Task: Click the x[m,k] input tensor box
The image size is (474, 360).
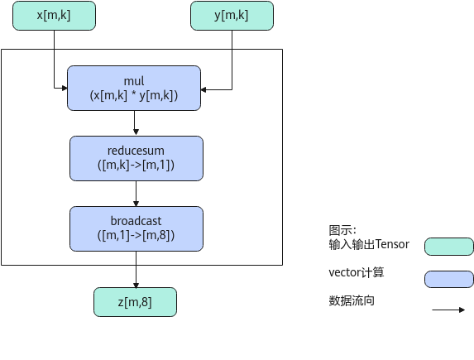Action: [54, 16]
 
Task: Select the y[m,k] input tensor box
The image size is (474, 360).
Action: [232, 16]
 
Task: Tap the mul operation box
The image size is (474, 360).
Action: [134, 88]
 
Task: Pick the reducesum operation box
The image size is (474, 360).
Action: [136, 159]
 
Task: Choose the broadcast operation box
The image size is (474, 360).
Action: [136, 228]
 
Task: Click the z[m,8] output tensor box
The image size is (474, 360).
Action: [135, 302]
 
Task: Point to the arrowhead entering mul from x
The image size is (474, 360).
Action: [65, 88]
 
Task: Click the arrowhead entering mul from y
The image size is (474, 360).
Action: [203, 89]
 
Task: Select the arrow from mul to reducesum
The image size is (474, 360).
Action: [136, 122]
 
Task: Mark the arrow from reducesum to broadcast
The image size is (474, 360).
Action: [136, 194]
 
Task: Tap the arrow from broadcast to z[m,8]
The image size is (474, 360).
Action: [136, 269]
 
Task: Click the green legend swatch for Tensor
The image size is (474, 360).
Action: [449, 247]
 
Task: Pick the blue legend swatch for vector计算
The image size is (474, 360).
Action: [449, 279]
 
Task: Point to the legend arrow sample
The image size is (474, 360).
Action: [448, 310]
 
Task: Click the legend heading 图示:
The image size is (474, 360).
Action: [342, 230]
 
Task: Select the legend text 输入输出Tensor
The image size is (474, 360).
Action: [369, 244]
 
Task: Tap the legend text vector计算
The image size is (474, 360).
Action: [357, 272]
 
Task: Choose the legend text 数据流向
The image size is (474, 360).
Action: [352, 300]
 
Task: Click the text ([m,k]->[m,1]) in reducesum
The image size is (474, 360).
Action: [136, 165]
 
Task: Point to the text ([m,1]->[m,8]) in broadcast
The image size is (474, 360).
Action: [136, 235]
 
